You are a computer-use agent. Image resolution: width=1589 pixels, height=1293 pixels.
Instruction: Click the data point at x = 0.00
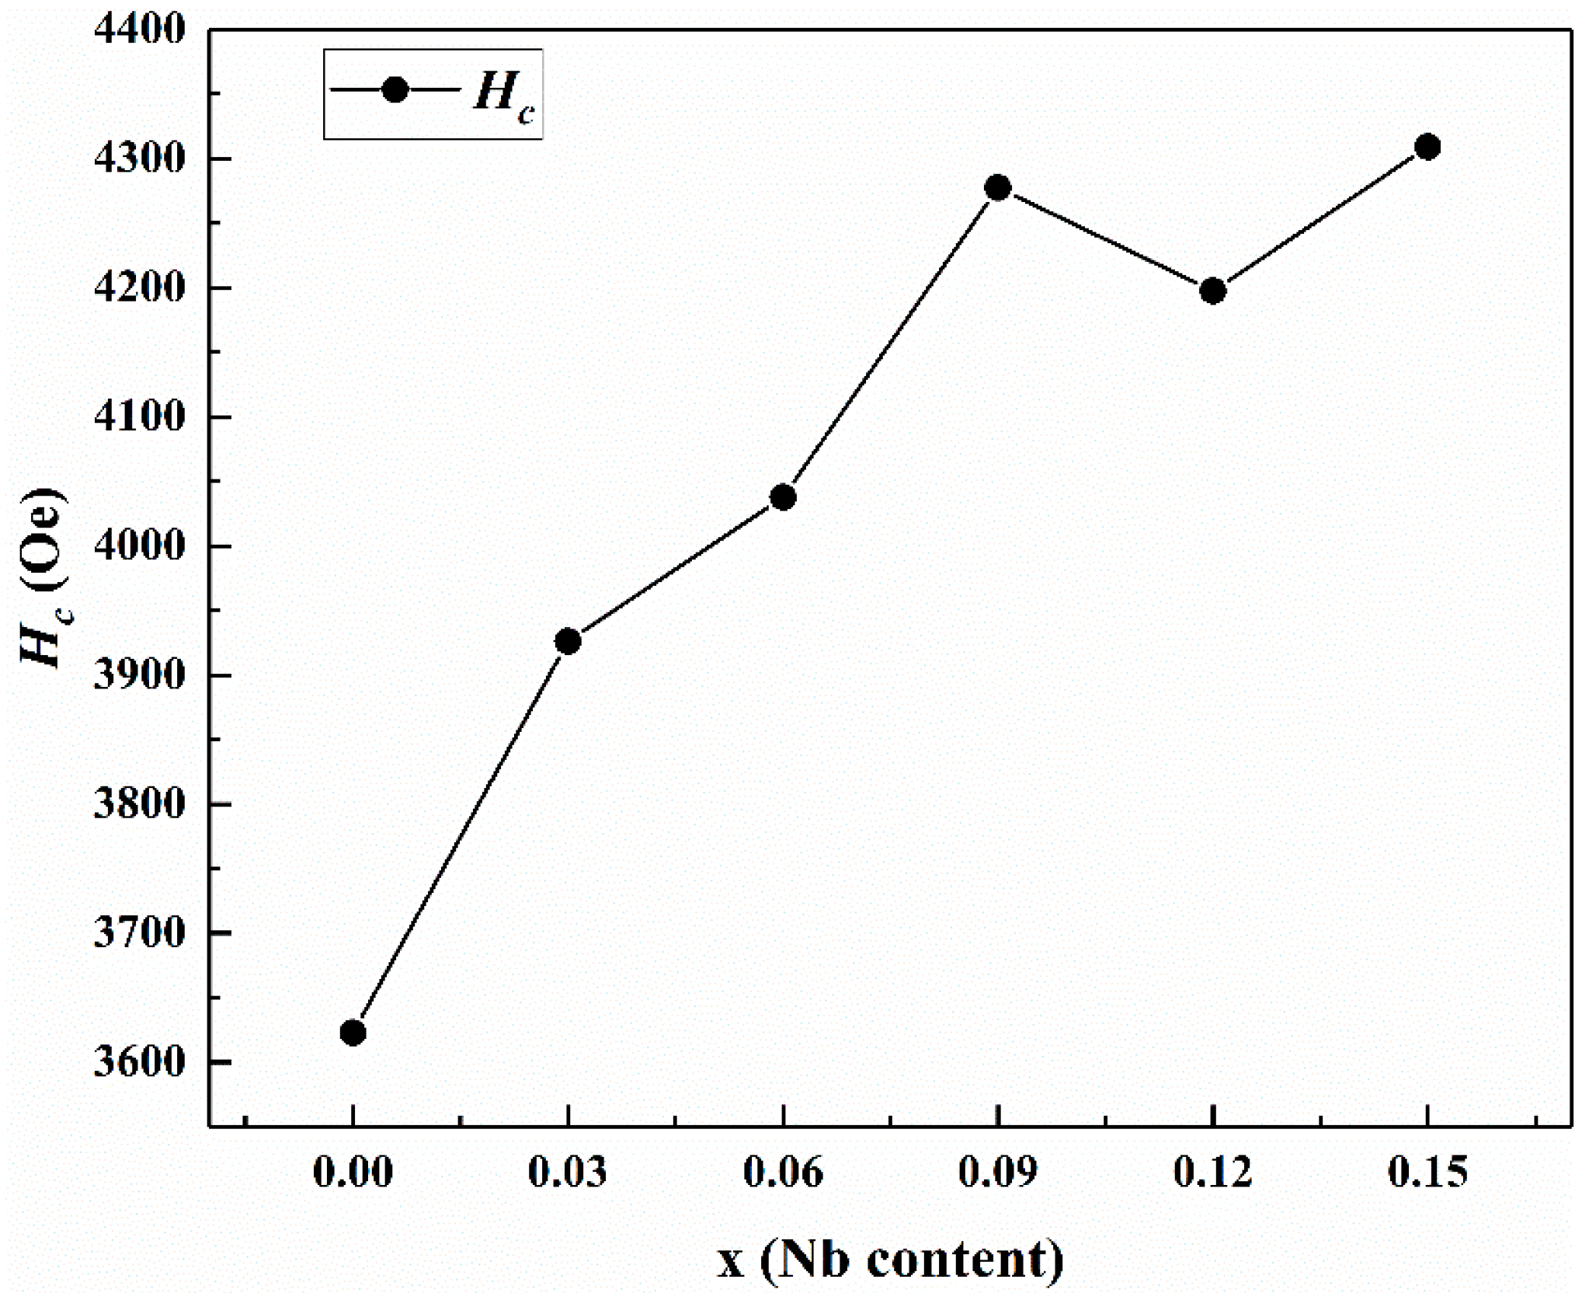pyautogui.click(x=353, y=1032)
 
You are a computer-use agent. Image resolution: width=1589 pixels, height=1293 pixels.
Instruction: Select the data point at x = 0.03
pyautogui.click(x=568, y=641)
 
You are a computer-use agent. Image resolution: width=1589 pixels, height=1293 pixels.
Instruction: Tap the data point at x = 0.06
pyautogui.click(x=783, y=497)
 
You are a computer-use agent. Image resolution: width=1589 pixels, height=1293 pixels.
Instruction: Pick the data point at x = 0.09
pyautogui.click(x=998, y=187)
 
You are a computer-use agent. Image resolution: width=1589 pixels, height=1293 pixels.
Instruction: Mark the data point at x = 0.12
pyautogui.click(x=1212, y=291)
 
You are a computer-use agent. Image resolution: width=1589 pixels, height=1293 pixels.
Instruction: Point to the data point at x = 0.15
pyautogui.click(x=1427, y=146)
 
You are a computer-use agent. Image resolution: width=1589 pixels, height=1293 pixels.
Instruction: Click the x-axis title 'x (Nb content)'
pyautogui.click(x=889, y=1258)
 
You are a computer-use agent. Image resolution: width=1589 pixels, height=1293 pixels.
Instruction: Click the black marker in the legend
pyautogui.click(x=395, y=90)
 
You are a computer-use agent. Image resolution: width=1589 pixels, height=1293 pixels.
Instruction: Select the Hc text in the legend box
pyautogui.click(x=503, y=96)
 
